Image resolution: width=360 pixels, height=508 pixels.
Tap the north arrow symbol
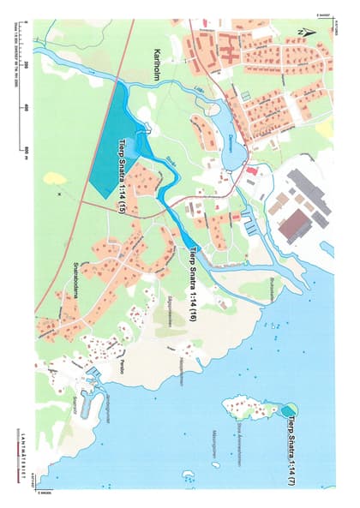click(x=305, y=32)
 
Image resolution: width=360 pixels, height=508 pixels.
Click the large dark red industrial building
click(x=272, y=224)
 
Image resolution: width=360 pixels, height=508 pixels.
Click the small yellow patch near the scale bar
click(x=55, y=178)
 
